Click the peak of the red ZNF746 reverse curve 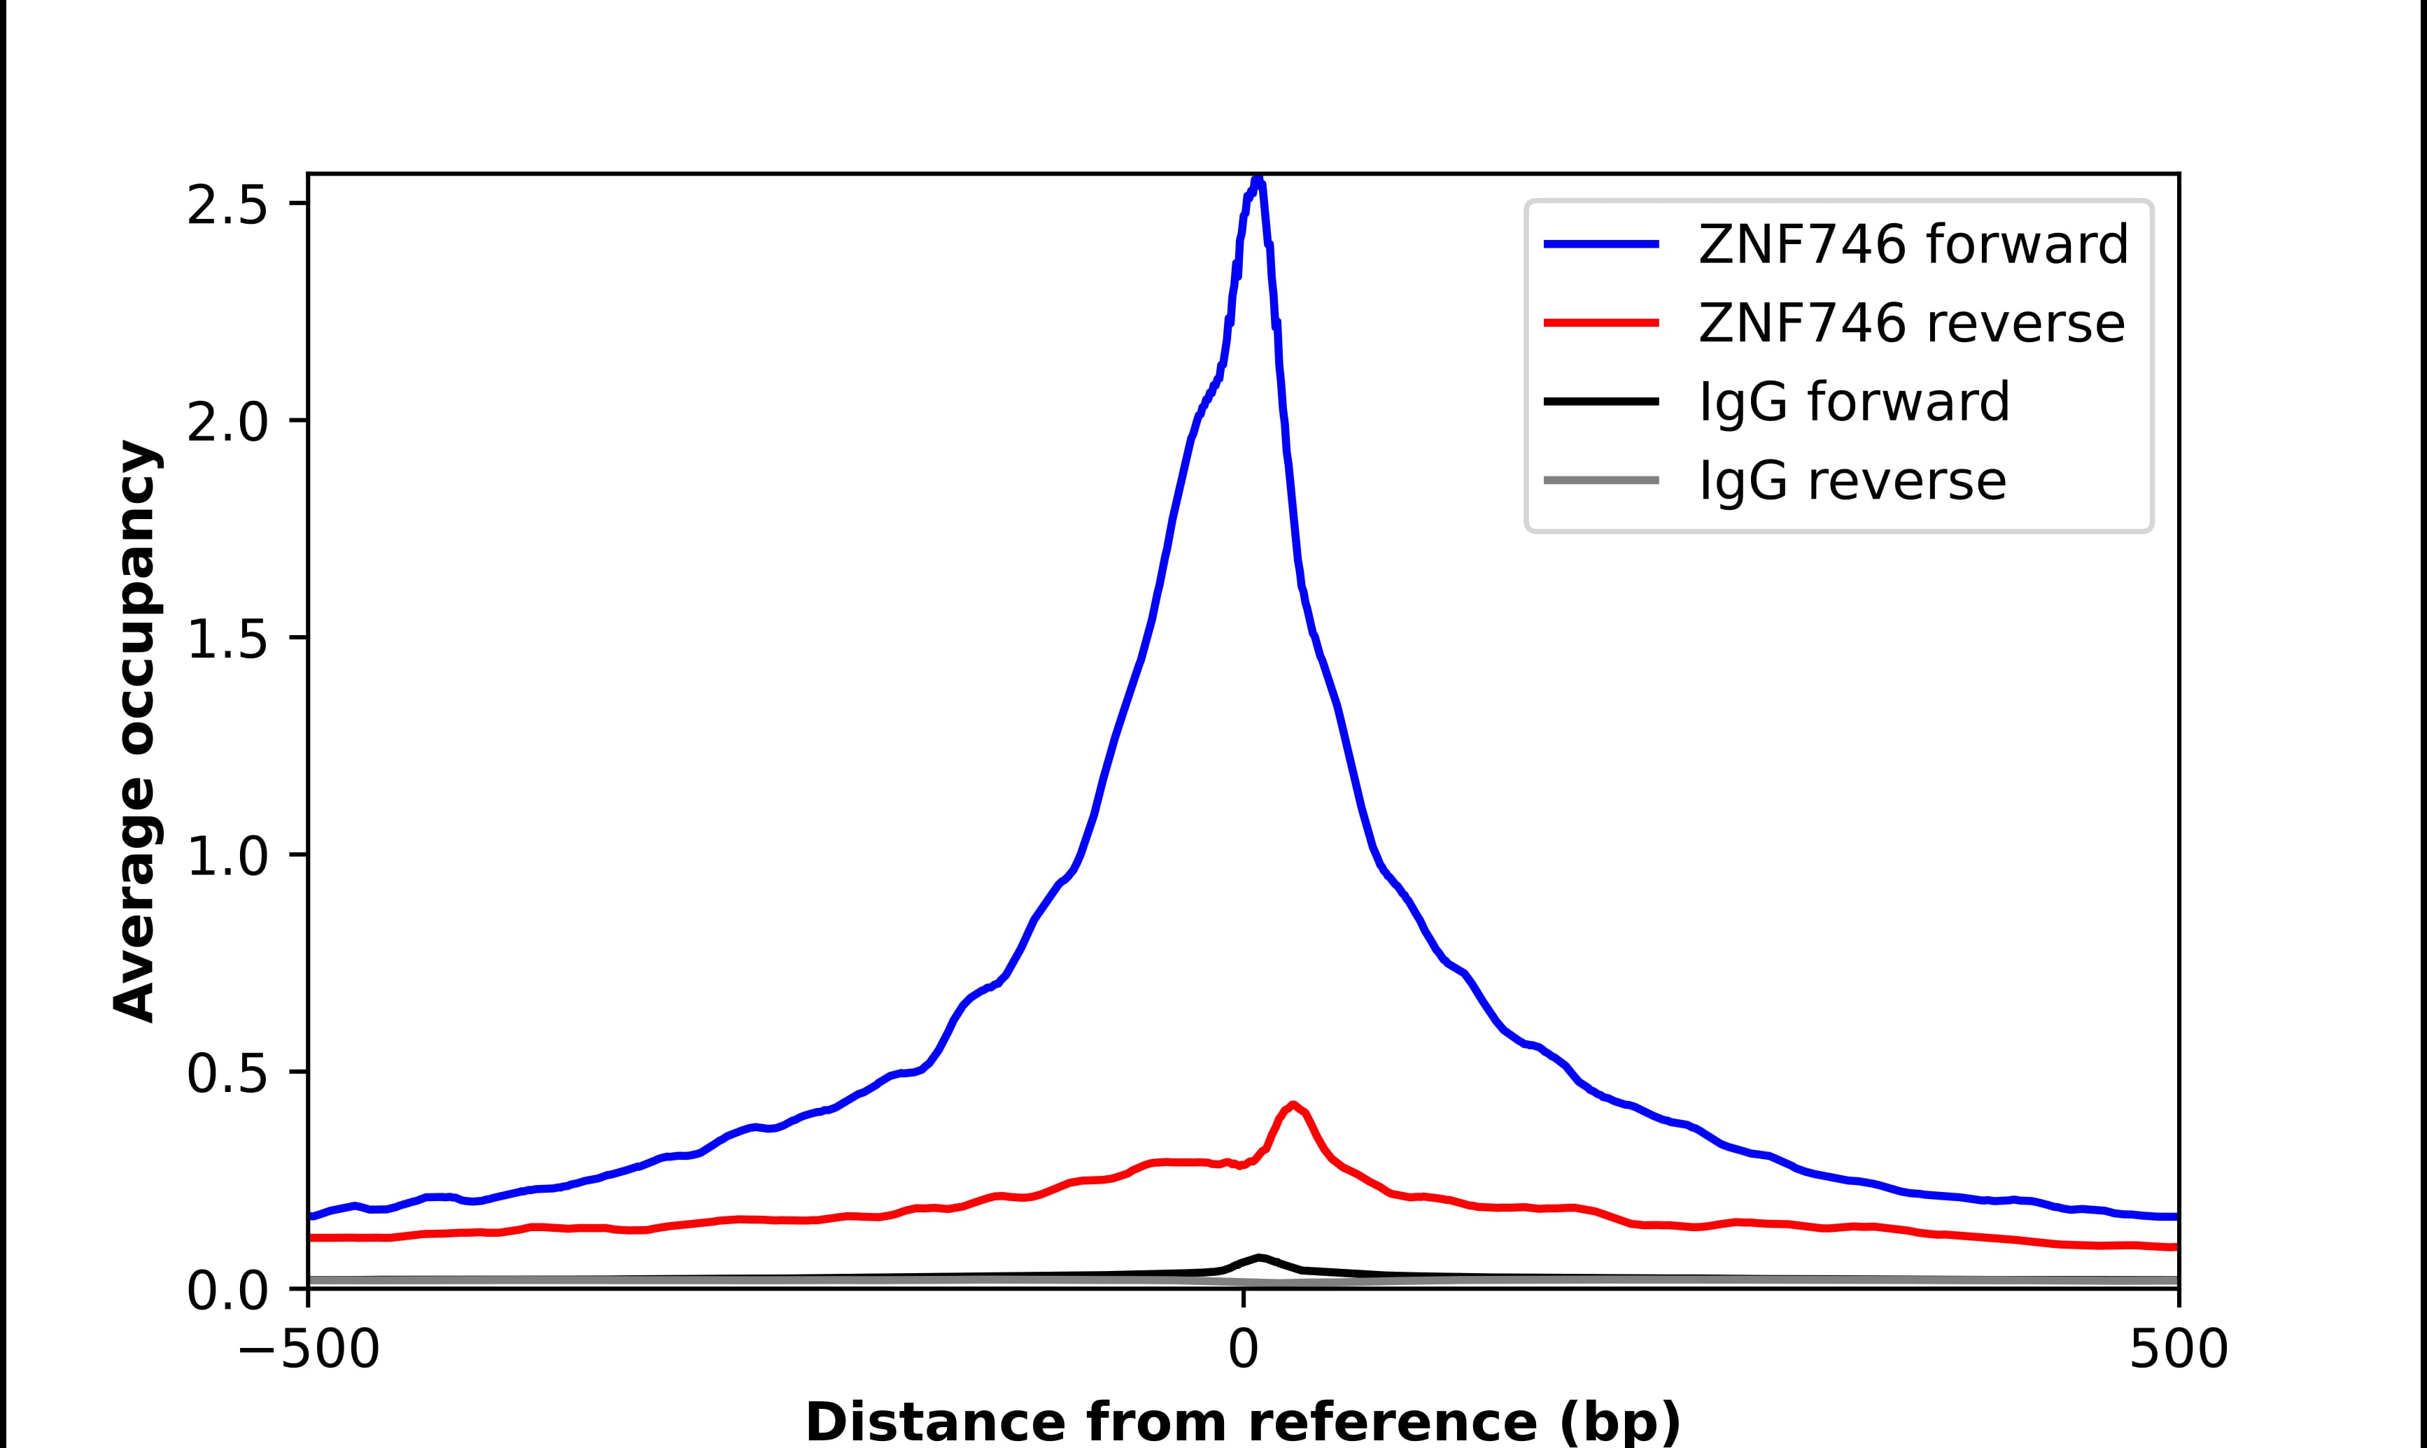[1293, 1105]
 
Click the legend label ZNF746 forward [1913, 244]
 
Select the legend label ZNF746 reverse [1911, 323]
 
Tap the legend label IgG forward [1854, 402]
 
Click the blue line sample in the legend [1601, 244]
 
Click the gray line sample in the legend [1601, 480]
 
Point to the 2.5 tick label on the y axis [227, 206]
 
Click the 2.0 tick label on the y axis [227, 423]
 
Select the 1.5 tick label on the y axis [227, 640]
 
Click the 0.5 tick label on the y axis [227, 1073]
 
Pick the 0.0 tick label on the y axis [227, 1291]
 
